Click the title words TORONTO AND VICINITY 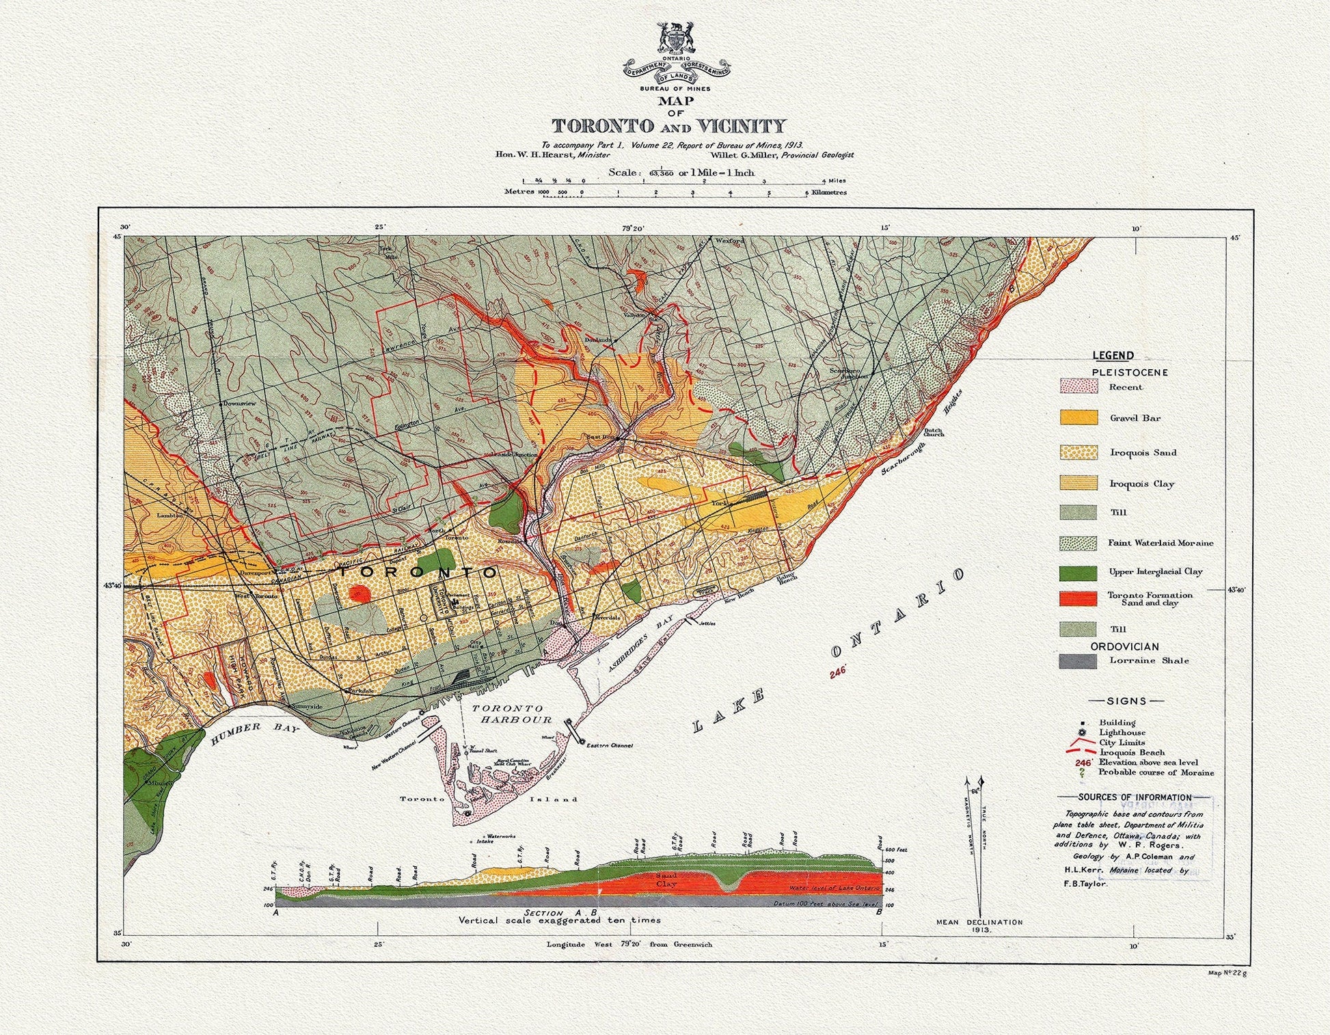[x=668, y=126]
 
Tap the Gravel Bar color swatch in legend [x=1078, y=418]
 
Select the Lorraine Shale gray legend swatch [x=1078, y=661]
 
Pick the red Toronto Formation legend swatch [x=1078, y=599]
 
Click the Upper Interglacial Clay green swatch [x=1078, y=572]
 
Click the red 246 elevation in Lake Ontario [x=838, y=672]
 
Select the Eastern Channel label [x=610, y=745]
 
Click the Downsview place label [x=239, y=403]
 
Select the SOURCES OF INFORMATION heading [x=1135, y=797]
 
